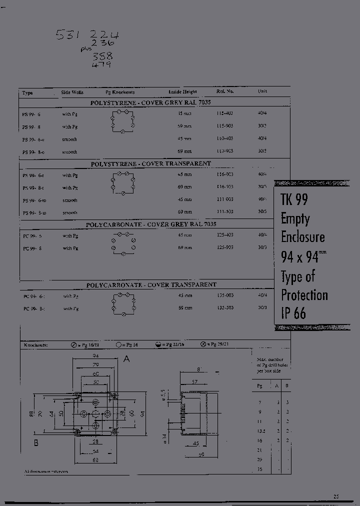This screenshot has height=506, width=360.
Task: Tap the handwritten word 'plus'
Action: [86, 49]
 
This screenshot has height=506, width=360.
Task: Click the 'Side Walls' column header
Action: [72, 92]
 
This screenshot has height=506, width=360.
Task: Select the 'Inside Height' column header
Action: [182, 92]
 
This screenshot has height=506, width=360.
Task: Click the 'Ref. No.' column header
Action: [225, 91]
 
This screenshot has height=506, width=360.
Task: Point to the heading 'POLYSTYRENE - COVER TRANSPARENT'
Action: [150, 163]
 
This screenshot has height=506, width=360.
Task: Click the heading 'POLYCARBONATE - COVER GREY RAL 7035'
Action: [151, 224]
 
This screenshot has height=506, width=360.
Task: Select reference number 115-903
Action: [225, 126]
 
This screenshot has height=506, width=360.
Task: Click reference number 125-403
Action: [225, 235]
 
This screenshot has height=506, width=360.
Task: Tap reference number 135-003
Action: [225, 295]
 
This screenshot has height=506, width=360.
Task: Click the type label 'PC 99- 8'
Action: [33, 248]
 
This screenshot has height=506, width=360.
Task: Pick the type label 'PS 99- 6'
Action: [31, 114]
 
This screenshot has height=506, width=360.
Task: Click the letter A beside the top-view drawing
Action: [126, 358]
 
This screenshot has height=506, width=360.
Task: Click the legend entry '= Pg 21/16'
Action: [169, 345]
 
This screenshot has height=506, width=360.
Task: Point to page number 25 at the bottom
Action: [336, 496]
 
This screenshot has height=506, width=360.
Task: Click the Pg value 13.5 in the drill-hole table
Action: [260, 430]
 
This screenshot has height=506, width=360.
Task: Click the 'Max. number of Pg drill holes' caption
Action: [270, 365]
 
